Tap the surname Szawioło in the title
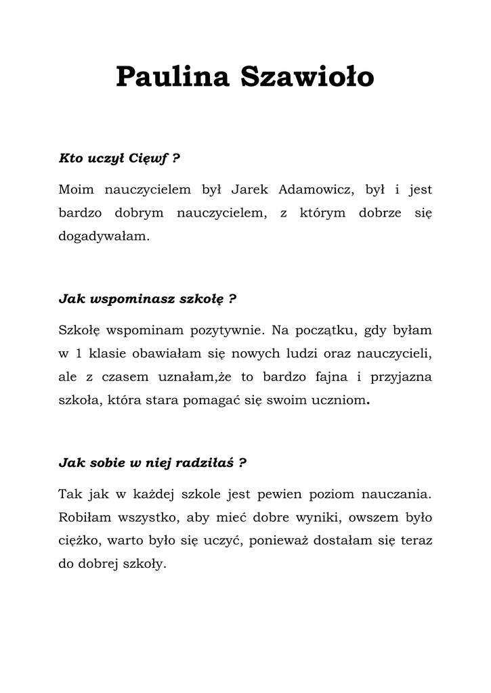(x=307, y=77)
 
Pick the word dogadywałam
(x=102, y=237)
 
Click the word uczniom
(x=337, y=400)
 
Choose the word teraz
(x=415, y=541)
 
